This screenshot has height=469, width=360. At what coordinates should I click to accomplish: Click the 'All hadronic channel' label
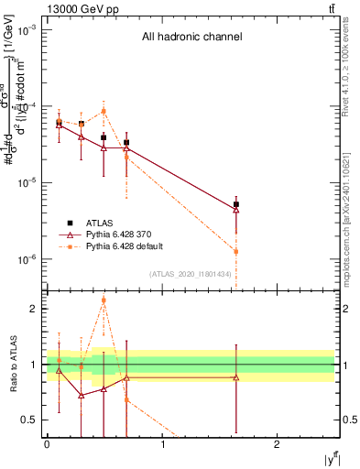pyautogui.click(x=191, y=38)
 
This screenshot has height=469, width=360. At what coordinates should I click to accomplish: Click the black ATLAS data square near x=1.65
pyautogui.click(x=236, y=204)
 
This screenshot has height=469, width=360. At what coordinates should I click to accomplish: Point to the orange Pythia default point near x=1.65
pyautogui.click(x=236, y=251)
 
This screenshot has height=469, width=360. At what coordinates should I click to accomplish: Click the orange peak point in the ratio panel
pyautogui.click(x=104, y=300)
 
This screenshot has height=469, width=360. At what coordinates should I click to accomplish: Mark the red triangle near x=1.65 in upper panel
pyautogui.click(x=236, y=210)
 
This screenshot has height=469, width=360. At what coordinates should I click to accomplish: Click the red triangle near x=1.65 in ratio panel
pyautogui.click(x=236, y=377)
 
